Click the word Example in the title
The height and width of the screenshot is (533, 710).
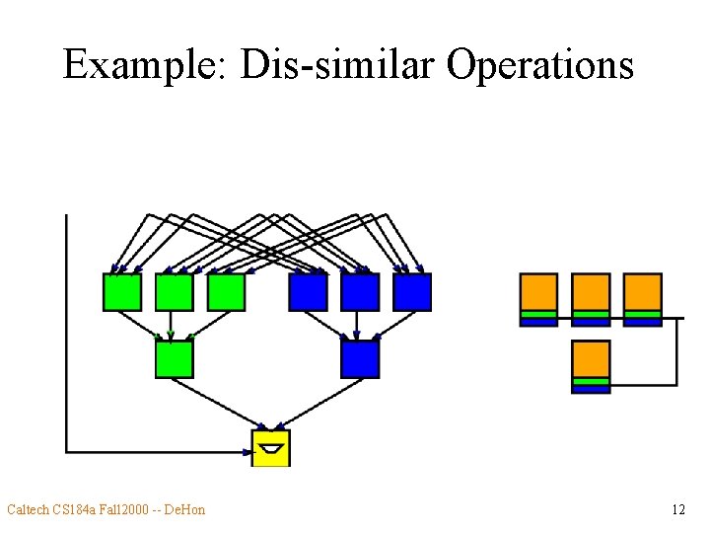pyautogui.click(x=142, y=65)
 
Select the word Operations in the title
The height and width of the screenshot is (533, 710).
pyautogui.click(x=539, y=65)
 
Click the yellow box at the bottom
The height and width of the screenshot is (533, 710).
pyautogui.click(x=271, y=448)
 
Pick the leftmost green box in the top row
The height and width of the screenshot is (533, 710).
pyautogui.click(x=122, y=291)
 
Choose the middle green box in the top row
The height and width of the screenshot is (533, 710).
pyautogui.click(x=175, y=291)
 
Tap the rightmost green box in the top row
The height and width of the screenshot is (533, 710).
pyautogui.click(x=226, y=291)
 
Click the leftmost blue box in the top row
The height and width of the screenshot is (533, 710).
pyautogui.click(x=308, y=291)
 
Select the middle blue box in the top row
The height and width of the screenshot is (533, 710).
pyautogui.click(x=360, y=291)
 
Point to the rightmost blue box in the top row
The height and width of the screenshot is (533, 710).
pyautogui.click(x=412, y=291)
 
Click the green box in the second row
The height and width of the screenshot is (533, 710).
pyautogui.click(x=175, y=358)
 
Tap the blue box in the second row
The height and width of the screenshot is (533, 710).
pyautogui.click(x=360, y=358)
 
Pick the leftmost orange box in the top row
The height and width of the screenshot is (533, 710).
pyautogui.click(x=538, y=293)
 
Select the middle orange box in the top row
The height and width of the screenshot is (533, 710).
pyautogui.click(x=591, y=293)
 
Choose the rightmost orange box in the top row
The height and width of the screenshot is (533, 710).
pyautogui.click(x=643, y=293)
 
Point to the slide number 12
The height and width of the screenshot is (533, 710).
pyautogui.click(x=677, y=509)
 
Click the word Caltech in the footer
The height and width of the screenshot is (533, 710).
pyautogui.click(x=30, y=509)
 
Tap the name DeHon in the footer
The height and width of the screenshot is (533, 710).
pyautogui.click(x=184, y=509)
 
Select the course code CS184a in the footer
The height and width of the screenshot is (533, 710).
pyautogui.click(x=77, y=509)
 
